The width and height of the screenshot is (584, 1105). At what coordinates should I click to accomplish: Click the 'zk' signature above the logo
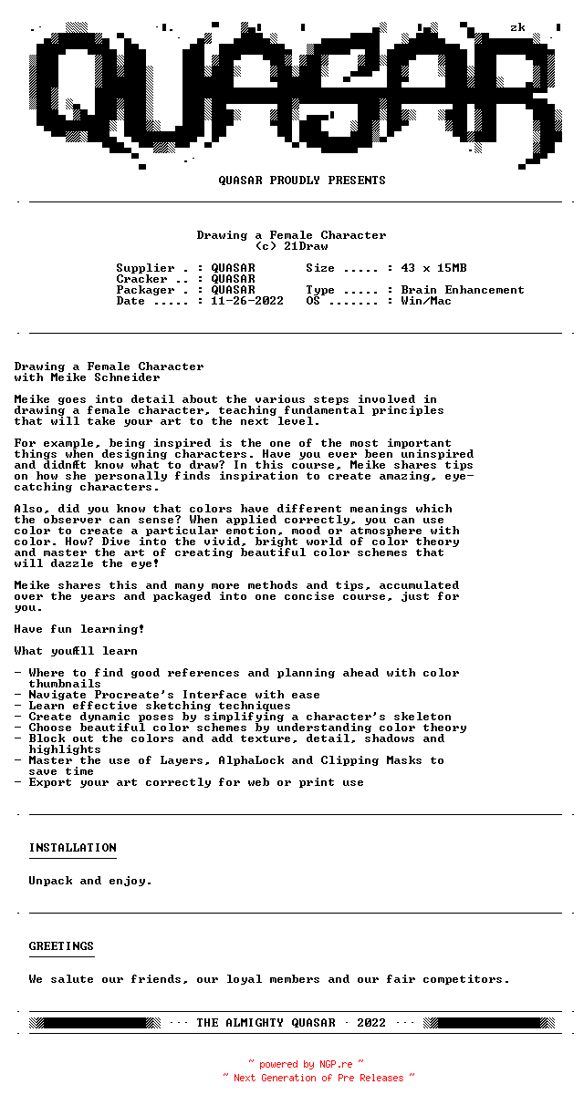click(517, 27)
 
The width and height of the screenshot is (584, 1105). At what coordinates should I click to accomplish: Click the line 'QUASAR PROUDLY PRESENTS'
click(302, 181)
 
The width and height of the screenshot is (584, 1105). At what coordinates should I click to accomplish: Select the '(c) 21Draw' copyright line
click(291, 246)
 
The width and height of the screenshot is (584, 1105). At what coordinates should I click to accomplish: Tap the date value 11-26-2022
click(247, 301)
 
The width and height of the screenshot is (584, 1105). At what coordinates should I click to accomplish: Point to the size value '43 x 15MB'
click(433, 268)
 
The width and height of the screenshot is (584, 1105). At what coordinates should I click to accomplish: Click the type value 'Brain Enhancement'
click(463, 290)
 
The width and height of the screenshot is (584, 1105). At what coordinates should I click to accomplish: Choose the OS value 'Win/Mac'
click(426, 301)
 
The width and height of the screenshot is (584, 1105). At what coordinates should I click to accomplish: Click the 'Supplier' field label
click(145, 268)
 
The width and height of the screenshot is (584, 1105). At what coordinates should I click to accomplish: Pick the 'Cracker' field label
click(141, 279)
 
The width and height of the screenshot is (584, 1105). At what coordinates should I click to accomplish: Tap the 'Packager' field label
click(145, 290)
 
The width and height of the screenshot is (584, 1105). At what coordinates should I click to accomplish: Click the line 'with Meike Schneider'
click(87, 377)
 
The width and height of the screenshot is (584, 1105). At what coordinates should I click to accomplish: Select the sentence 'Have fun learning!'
click(79, 629)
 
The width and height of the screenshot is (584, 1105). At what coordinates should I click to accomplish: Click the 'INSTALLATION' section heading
click(72, 848)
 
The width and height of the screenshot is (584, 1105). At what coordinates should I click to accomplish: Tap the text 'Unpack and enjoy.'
click(90, 881)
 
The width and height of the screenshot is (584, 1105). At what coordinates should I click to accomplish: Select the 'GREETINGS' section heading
click(61, 946)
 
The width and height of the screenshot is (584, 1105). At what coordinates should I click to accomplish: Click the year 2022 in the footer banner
click(371, 1023)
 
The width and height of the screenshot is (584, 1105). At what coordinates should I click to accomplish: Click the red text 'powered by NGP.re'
click(306, 1064)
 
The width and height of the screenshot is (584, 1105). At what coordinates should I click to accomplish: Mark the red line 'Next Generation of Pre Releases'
click(318, 1078)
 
